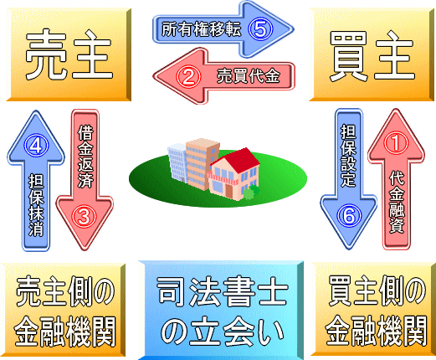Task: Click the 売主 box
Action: [x=69, y=54]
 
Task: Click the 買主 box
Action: [x=372, y=54]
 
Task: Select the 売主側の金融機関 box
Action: [x=63, y=310]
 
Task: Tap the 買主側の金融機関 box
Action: [x=373, y=309]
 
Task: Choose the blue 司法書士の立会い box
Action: [x=221, y=311]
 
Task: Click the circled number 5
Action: [x=260, y=29]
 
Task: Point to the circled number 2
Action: [x=188, y=76]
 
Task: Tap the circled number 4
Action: [x=36, y=146]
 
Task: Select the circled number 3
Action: [x=85, y=217]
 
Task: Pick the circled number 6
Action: [x=349, y=216]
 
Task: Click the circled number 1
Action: [x=396, y=143]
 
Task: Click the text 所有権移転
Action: [x=201, y=29]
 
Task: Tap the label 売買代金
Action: [x=249, y=76]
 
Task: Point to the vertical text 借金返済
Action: [x=85, y=157]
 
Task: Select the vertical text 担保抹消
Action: [x=37, y=205]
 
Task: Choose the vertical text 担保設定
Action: [x=348, y=156]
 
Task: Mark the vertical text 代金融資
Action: [x=397, y=202]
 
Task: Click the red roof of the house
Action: [x=237, y=161]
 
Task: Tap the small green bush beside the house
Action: [x=251, y=192]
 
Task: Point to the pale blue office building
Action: [x=177, y=162]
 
